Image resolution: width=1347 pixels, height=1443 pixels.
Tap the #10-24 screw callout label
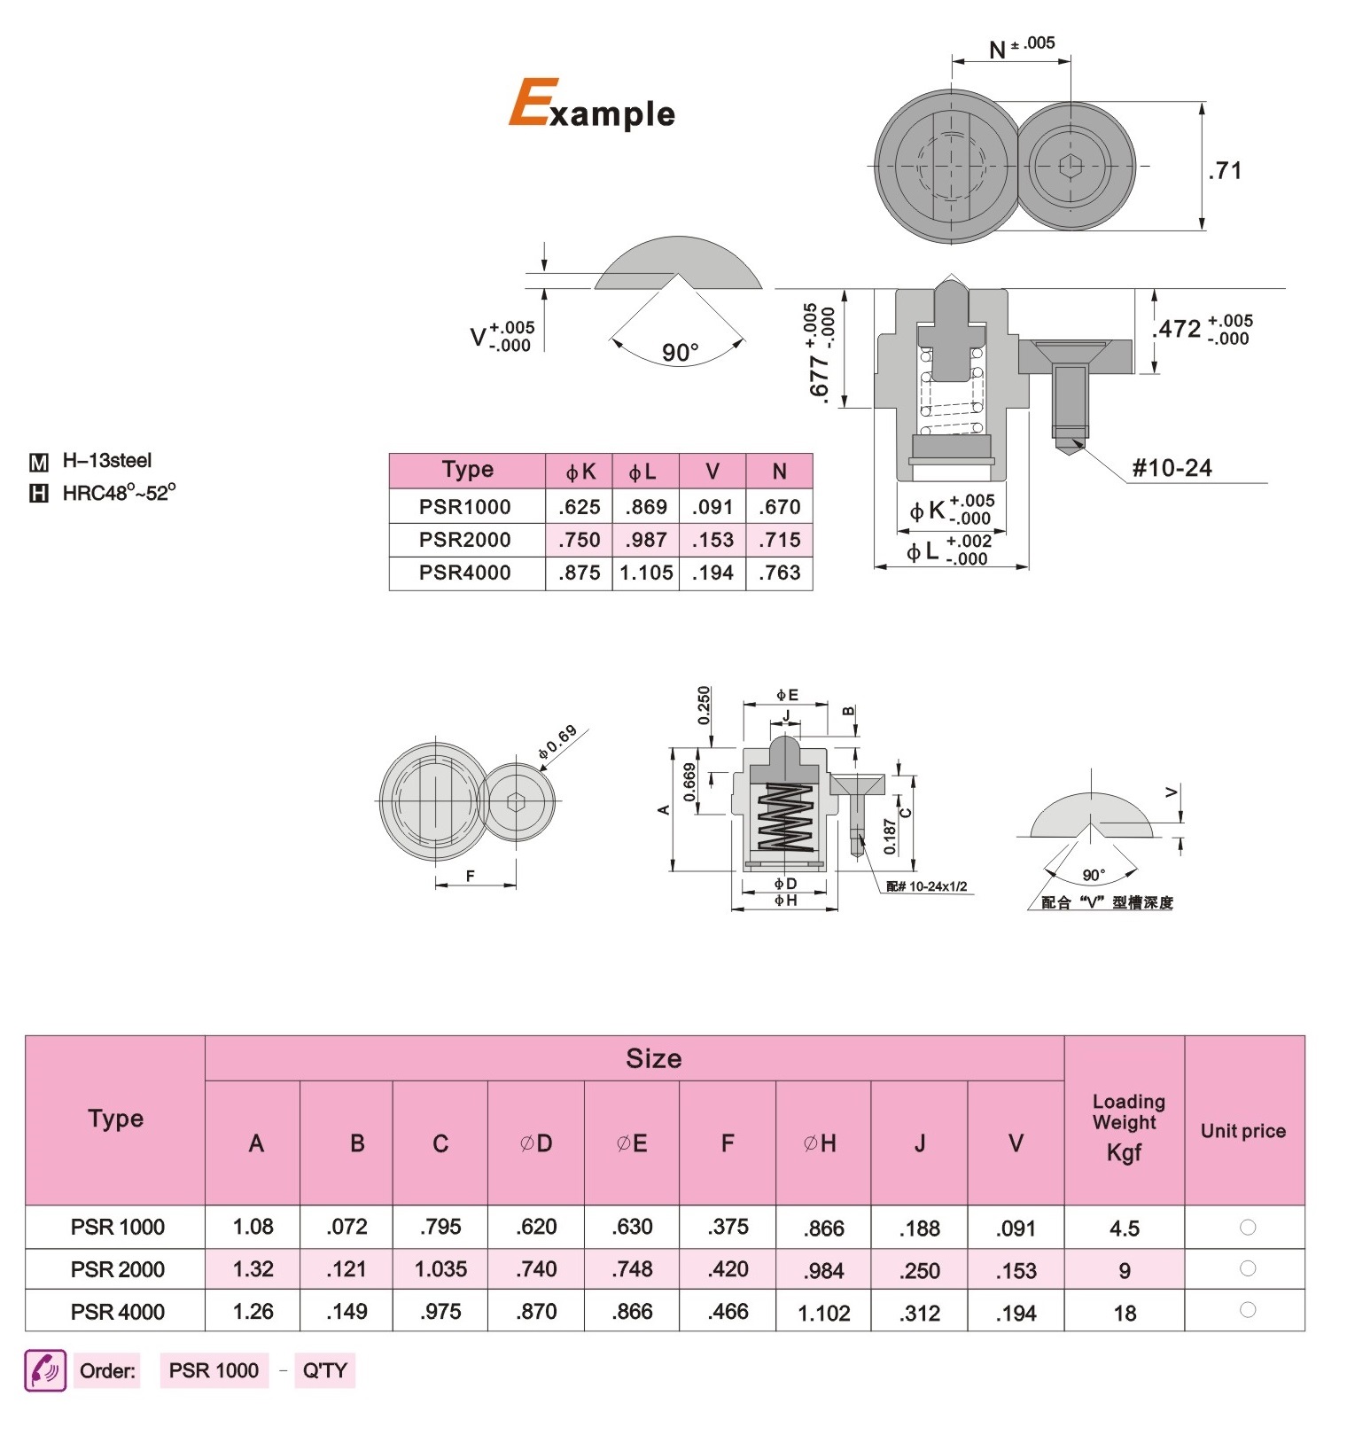(x=1172, y=468)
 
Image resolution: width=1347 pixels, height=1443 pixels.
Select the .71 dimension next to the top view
(x=1225, y=170)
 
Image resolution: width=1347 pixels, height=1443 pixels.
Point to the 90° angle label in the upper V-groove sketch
(x=680, y=353)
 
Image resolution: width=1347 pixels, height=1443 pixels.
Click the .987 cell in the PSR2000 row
(x=646, y=540)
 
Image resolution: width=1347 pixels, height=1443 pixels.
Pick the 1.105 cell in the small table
(x=646, y=573)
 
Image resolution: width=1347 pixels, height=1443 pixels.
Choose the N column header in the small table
(x=780, y=472)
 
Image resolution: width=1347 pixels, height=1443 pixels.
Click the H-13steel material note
(x=106, y=461)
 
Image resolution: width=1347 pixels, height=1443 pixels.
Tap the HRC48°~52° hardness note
(x=119, y=493)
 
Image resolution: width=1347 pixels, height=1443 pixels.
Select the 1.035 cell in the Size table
(x=440, y=1269)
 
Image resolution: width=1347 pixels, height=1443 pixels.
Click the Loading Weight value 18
(x=1125, y=1313)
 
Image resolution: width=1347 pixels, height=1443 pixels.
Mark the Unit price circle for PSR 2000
(x=1248, y=1268)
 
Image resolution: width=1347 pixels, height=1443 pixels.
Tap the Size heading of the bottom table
(x=654, y=1058)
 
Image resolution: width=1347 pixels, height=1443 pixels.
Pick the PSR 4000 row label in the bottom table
(x=118, y=1312)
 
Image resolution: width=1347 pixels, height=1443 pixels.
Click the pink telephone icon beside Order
(x=45, y=1370)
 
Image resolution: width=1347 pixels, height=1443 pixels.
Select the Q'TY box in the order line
(x=325, y=1371)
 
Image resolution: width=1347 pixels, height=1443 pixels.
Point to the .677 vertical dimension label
(x=820, y=353)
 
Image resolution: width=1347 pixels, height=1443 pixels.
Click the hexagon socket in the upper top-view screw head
(x=1071, y=166)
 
